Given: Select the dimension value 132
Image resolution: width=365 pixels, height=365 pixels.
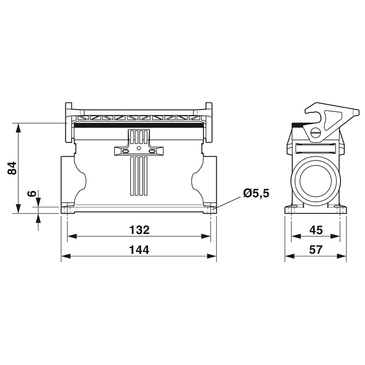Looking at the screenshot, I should pyautogui.click(x=139, y=229).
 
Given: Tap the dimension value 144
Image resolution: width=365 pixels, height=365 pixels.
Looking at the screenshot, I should pyautogui.click(x=139, y=250).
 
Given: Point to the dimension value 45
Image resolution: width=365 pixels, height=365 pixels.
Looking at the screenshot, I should pyautogui.click(x=316, y=229).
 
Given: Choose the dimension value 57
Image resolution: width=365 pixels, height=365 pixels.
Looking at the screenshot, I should pyautogui.click(x=316, y=250).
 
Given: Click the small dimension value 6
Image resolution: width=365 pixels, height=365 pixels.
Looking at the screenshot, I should pyautogui.click(x=31, y=193).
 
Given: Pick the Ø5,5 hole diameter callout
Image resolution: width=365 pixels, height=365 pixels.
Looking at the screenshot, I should pyautogui.click(x=256, y=193).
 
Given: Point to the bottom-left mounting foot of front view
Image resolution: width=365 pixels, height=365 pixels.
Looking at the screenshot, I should pyautogui.click(x=68, y=209).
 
